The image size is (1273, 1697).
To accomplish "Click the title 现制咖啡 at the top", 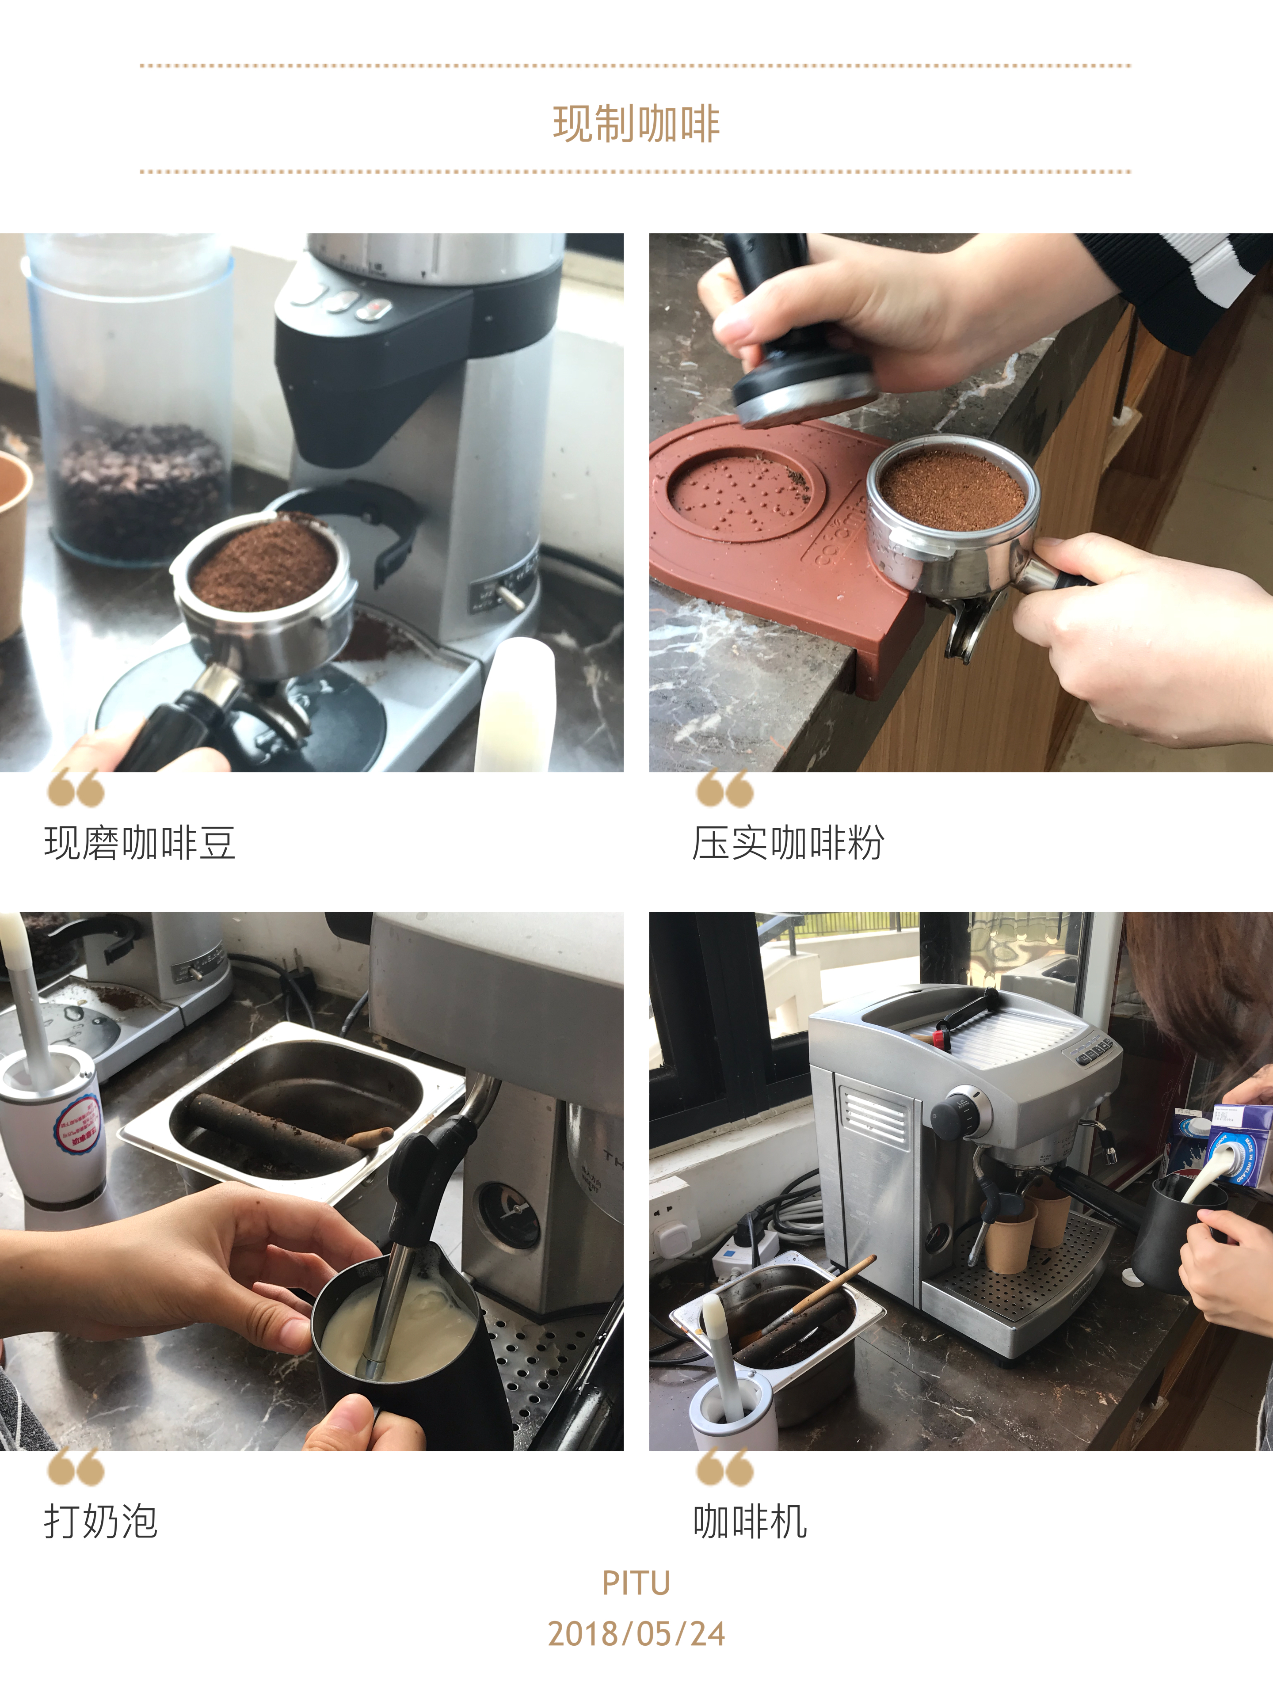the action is point(636,124).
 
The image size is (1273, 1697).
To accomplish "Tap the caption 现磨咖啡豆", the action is point(140,843).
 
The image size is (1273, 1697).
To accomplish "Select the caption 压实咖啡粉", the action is point(788,843).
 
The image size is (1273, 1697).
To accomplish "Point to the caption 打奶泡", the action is point(100,1521).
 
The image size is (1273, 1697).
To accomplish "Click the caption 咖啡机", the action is point(750,1521).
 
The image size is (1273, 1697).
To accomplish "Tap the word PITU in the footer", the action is point(636,1583).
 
